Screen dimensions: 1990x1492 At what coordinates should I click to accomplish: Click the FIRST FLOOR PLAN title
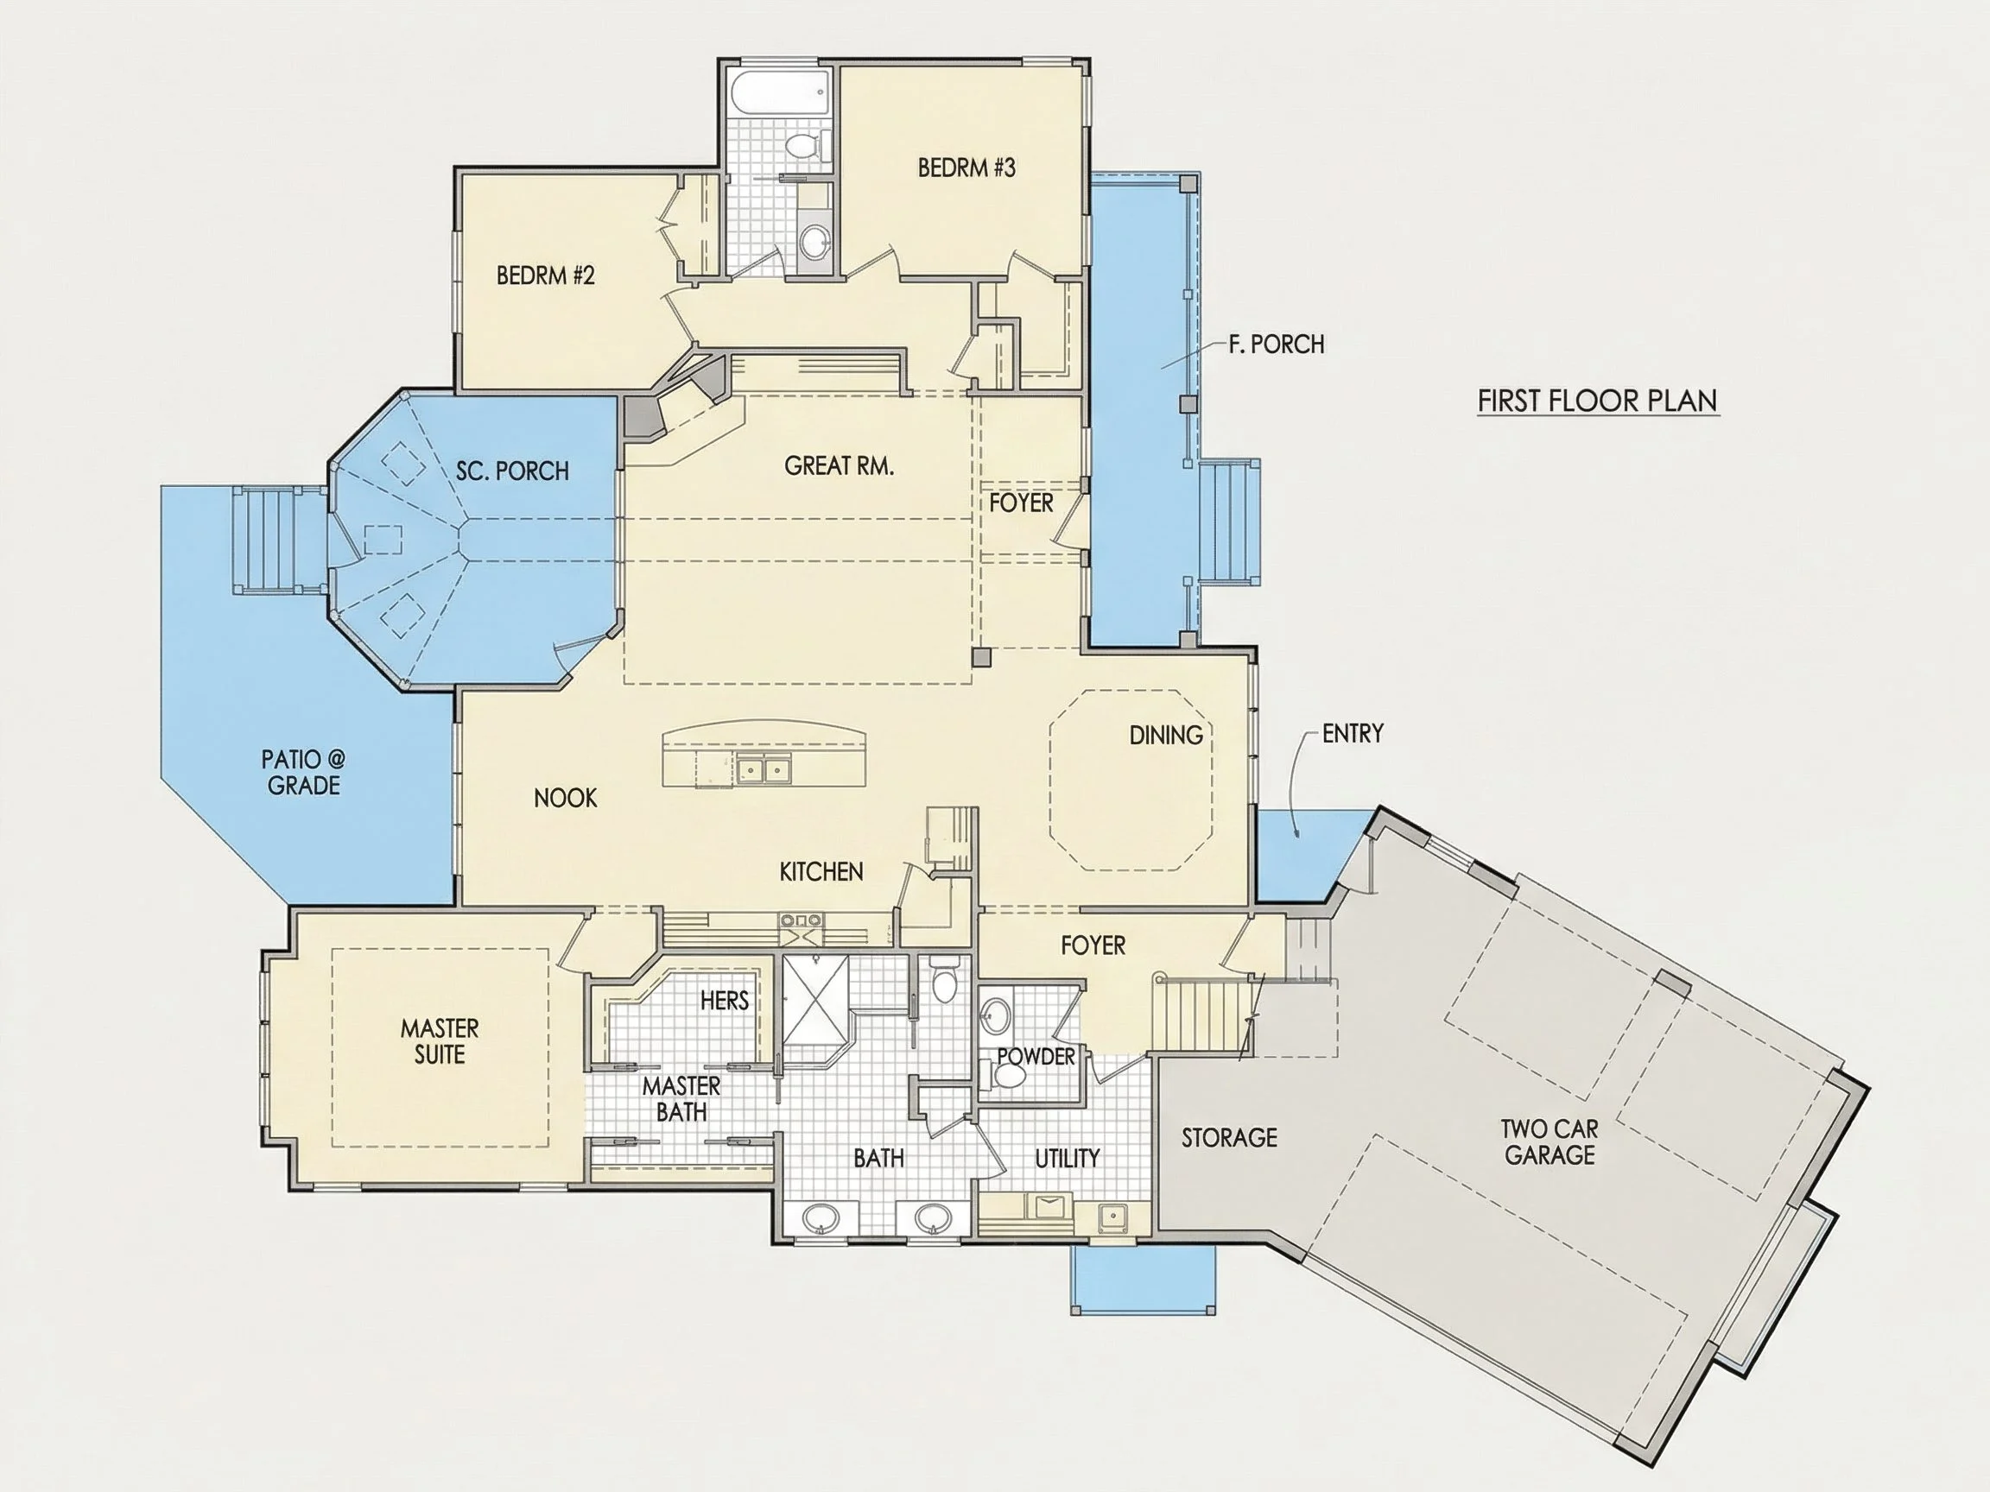1598,401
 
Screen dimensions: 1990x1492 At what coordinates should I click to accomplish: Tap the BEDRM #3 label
966,168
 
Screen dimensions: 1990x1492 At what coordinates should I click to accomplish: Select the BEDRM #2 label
545,275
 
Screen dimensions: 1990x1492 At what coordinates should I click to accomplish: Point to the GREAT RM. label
839,466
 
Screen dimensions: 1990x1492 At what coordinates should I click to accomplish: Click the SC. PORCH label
512,471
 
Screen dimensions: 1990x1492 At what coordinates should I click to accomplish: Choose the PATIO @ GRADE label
303,773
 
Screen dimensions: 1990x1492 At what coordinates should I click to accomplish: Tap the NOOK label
565,798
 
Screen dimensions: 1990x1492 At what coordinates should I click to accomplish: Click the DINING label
1166,736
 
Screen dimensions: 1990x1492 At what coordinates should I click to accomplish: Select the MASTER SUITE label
439,1041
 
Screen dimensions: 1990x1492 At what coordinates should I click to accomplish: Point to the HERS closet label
724,1000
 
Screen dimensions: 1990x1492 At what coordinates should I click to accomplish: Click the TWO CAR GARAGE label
1550,1142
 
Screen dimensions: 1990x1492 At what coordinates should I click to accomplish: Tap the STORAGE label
1229,1139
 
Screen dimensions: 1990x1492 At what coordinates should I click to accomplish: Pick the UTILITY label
1067,1159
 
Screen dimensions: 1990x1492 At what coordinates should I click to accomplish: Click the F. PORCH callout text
1276,345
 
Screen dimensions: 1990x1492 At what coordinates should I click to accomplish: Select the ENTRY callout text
1353,734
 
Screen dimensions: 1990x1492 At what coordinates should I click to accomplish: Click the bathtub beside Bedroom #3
779,92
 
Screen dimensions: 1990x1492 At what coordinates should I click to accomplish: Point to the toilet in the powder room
1007,1075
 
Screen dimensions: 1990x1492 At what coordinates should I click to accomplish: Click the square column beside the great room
981,657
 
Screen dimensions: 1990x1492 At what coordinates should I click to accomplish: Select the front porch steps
1229,522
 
